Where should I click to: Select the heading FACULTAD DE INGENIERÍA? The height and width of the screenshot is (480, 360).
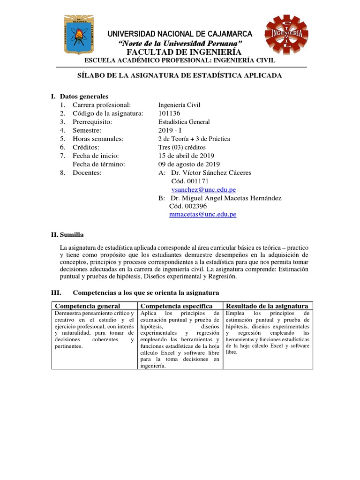coord(180,52)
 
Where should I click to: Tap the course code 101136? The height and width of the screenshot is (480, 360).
coord(169,113)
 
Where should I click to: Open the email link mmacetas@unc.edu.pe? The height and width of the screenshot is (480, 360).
coord(202,214)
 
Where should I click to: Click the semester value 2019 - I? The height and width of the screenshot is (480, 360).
coord(172,130)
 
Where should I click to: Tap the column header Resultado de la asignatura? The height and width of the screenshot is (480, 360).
coord(267,306)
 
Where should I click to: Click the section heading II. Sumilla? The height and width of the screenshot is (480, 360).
coord(67,234)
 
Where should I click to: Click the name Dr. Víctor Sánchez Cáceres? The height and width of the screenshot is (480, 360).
coord(211,172)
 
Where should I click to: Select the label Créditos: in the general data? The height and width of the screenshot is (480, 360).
coord(87,147)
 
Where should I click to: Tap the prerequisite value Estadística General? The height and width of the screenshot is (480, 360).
coord(184,122)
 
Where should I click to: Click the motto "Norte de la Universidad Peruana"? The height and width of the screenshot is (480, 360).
coord(180,43)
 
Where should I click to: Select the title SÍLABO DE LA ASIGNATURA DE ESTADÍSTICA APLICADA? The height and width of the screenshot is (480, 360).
coord(180,75)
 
